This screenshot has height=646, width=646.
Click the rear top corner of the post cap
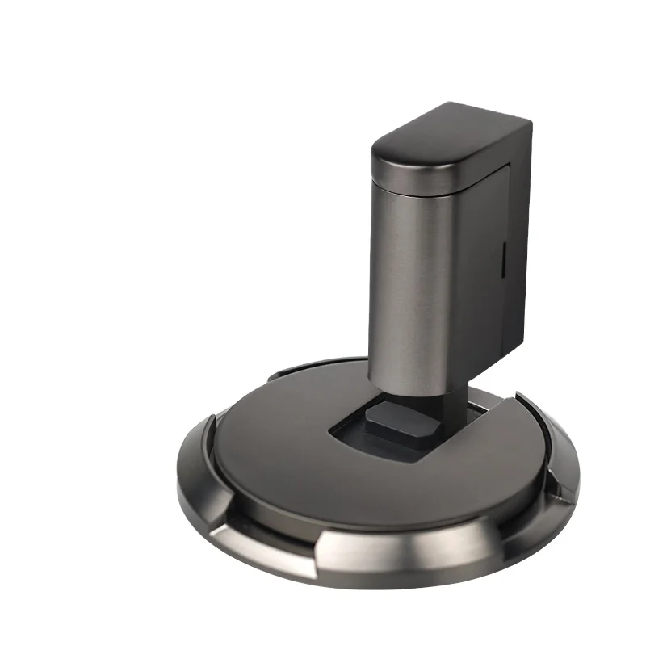pyautogui.click(x=525, y=121)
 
